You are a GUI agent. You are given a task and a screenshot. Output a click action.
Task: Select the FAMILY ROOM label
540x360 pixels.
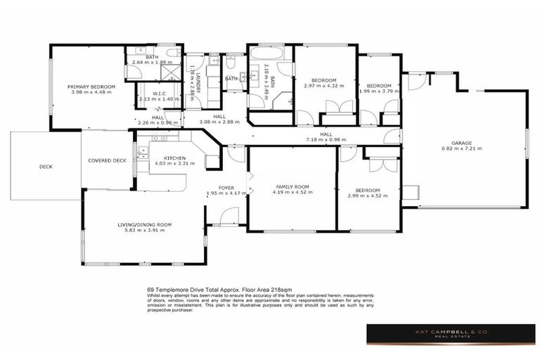(293, 186)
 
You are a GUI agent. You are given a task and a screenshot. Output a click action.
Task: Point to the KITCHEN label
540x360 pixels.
(174, 158)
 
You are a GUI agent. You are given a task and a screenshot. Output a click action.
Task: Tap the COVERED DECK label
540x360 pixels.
(107, 160)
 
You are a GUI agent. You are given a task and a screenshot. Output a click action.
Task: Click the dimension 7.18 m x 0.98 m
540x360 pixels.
(326, 139)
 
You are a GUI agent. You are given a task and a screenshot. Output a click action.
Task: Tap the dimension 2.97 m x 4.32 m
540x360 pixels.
(324, 86)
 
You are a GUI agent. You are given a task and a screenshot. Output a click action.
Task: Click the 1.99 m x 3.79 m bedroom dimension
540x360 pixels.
(378, 91)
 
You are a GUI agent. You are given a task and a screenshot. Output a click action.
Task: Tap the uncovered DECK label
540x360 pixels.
(46, 167)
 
